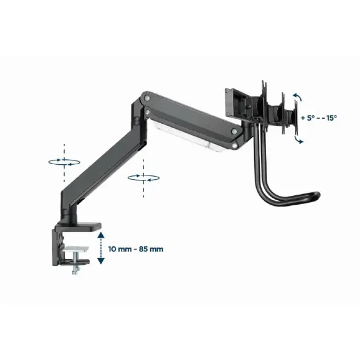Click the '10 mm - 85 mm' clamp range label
point(136,249)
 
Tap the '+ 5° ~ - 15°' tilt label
point(319,118)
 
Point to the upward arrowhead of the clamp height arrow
point(101,235)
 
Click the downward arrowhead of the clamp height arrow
point(101,261)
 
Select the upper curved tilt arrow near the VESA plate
point(298,97)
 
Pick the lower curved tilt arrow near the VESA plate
point(299,140)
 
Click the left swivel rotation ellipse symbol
point(64,162)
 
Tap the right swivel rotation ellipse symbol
point(143,178)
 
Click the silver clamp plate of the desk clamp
point(76,249)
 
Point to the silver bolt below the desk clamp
point(75,267)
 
